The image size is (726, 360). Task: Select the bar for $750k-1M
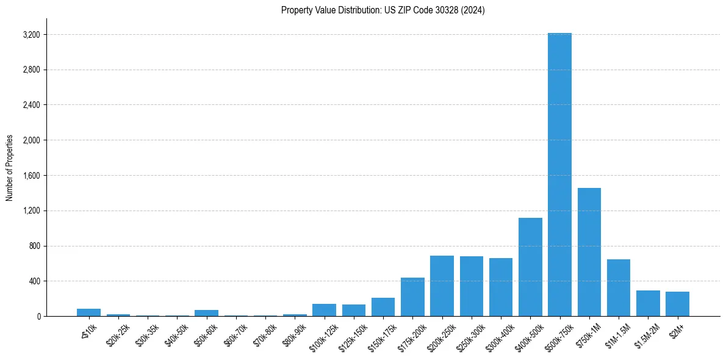point(589,252)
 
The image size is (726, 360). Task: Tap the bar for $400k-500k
point(530,267)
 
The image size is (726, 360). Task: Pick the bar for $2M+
point(677,304)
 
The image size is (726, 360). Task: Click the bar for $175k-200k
point(412,297)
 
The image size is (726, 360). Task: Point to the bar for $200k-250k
point(442,286)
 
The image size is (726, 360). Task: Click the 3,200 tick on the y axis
point(31,35)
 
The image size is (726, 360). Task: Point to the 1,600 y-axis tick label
point(31,176)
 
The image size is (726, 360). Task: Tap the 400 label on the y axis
point(34,281)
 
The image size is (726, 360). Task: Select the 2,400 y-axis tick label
point(31,105)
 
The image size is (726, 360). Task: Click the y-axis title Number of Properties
point(10,167)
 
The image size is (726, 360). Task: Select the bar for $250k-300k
point(471,286)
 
